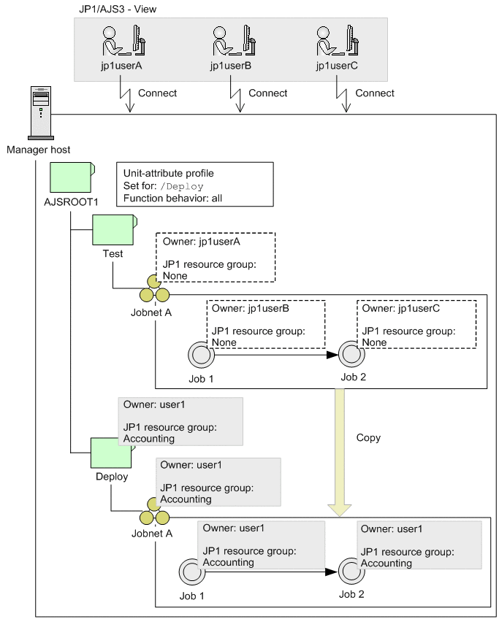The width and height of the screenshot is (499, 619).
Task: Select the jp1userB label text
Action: (231, 66)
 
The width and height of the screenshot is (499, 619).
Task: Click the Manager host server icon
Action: (41, 112)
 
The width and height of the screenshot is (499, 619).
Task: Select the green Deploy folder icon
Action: (111, 453)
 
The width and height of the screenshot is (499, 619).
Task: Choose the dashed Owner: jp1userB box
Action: (266, 323)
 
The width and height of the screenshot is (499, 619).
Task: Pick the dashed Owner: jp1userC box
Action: (416, 323)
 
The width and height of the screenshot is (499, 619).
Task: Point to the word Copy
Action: (368, 438)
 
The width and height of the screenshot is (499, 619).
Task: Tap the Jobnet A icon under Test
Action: (154, 291)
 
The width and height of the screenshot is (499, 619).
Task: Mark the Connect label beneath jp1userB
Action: (268, 93)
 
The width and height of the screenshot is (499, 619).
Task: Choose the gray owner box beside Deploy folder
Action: (180, 422)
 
